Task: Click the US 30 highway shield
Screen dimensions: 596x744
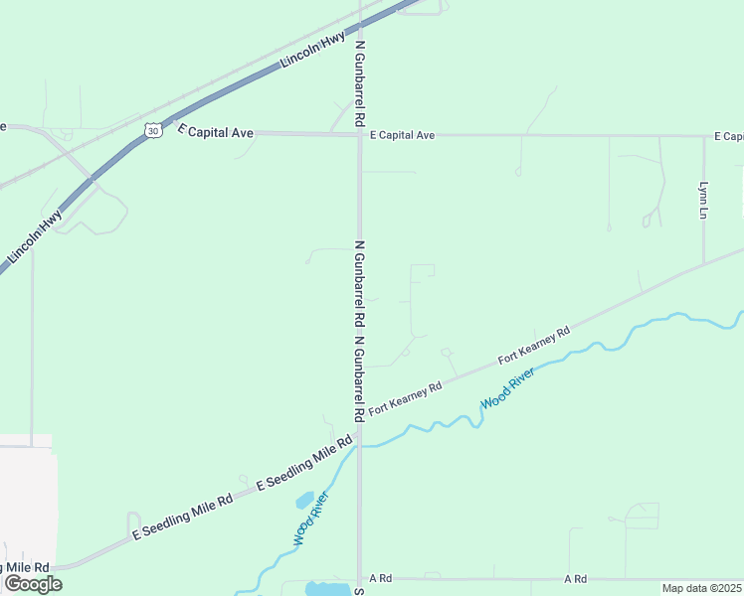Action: coord(151,130)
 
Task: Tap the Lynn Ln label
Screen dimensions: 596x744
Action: coord(703,200)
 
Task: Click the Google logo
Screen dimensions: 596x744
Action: coord(32,584)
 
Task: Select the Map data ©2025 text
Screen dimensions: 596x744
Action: coord(701,588)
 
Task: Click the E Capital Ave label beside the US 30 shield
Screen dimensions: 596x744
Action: coord(216,132)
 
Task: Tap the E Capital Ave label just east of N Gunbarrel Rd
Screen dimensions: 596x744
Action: coord(402,135)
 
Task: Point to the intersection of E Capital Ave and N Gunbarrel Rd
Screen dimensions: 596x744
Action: coord(359,134)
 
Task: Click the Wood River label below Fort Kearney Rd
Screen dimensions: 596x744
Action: coord(507,387)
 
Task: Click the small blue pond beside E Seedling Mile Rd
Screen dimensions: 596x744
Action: coord(304,500)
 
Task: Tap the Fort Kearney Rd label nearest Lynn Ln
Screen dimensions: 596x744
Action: coord(534,344)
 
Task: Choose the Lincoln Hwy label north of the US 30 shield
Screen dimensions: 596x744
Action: coord(312,50)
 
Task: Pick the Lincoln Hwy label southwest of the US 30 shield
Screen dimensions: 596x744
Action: coord(35,236)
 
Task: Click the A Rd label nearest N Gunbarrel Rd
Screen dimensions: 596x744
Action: coord(381,578)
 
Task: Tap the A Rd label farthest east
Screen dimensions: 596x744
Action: coord(575,578)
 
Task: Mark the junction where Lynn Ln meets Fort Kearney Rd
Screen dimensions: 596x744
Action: coord(704,263)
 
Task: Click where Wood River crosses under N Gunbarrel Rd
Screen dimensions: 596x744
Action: coord(359,446)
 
